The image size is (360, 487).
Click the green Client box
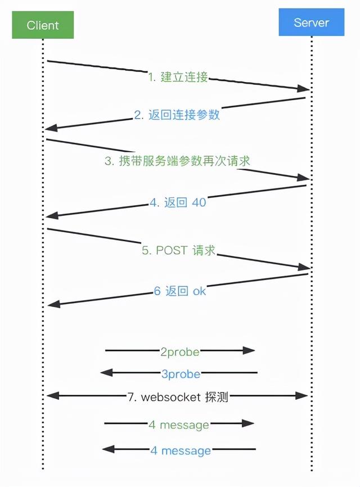(43, 25)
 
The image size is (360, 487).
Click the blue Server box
(311, 23)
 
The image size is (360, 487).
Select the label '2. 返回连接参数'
(177, 115)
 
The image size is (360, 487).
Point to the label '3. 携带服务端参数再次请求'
(177, 160)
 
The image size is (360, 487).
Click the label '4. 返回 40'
(178, 202)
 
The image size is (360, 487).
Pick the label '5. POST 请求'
(178, 251)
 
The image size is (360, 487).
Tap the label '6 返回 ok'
(180, 291)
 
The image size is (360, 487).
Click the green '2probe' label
(180, 352)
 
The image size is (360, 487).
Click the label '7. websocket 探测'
(178, 397)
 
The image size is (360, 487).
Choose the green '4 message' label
(179, 425)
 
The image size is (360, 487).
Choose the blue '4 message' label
(181, 450)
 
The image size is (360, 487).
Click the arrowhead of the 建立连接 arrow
(304, 89)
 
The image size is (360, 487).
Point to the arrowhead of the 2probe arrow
(250, 350)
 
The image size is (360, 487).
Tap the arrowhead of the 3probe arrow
(106, 372)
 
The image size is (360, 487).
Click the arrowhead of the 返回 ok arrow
(52, 304)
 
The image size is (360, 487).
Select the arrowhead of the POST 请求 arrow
(304, 267)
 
